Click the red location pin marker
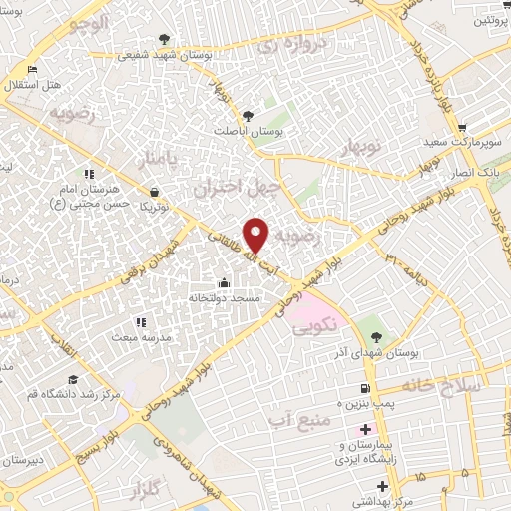[257, 234]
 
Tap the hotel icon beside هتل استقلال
[33, 69]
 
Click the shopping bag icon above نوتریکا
[153, 191]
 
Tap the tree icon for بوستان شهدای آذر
[376, 335]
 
